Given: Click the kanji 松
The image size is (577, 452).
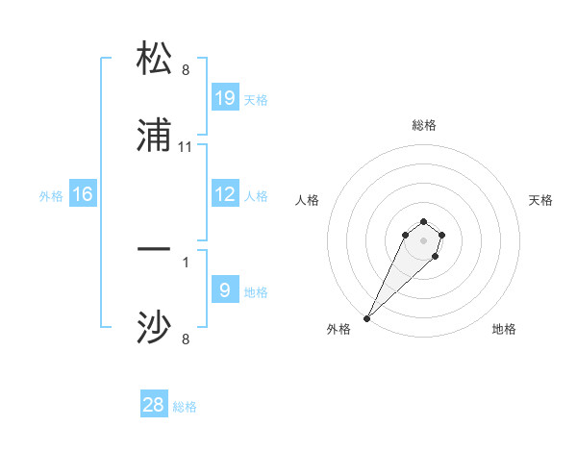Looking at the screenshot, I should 154,59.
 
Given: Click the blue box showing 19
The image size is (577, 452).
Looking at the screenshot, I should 225,98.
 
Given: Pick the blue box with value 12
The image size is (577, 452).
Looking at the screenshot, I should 225,195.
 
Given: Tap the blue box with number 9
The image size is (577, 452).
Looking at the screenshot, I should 225,290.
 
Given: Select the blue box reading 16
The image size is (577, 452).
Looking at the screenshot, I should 83,195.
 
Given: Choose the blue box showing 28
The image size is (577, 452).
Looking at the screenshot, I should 154,405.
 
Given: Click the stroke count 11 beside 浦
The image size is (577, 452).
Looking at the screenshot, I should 186,147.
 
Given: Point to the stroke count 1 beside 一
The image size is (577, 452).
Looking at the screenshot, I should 186,261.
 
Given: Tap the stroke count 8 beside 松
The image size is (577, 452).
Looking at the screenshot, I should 186,69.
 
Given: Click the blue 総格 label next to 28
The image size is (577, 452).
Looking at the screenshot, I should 185,407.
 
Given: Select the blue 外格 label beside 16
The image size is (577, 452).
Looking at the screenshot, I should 51,196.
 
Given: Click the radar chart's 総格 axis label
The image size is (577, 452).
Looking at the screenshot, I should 424,125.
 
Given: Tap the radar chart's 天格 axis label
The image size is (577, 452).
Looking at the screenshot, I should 540,200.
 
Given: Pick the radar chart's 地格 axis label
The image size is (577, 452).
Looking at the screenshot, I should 504,329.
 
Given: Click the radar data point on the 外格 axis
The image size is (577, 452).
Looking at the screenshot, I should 367,318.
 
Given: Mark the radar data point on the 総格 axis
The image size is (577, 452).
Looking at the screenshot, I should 424,221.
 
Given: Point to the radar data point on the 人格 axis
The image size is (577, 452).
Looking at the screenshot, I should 406,235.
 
